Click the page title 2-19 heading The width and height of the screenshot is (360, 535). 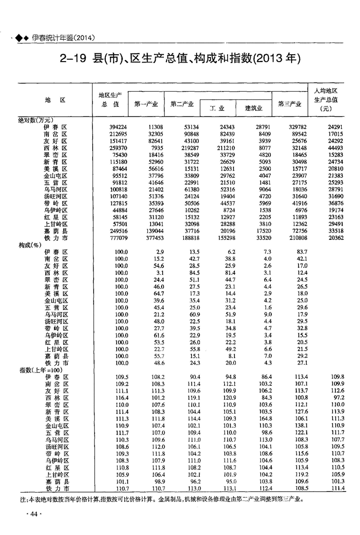coord(179,59)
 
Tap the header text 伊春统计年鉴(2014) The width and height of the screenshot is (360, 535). coord(63,38)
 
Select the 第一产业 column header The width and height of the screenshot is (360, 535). coord(145,104)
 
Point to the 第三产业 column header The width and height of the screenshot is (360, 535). coord(290,104)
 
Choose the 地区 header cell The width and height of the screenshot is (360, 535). coord(55,100)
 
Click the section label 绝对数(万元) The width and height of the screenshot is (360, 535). coord(36,120)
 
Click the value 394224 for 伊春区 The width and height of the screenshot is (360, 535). coord(118,127)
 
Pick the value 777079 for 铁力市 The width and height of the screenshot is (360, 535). coord(118,238)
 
